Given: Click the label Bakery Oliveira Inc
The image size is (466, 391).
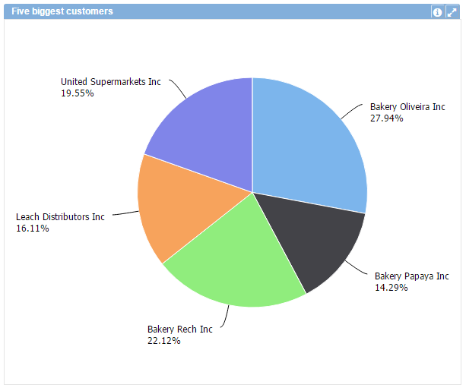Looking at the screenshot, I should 407,107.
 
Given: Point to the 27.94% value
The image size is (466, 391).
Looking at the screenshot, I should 386,118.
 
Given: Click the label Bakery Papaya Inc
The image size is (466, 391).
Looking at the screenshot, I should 411,276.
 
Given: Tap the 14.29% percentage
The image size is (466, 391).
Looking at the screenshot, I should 391,288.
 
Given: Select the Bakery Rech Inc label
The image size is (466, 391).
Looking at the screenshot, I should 179,330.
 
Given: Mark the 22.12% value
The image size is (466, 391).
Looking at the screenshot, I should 163,341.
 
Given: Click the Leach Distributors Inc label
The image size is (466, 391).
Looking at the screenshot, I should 60,217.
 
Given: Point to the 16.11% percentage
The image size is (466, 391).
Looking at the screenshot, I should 32,229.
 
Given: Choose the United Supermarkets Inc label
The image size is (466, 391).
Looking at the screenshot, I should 110,82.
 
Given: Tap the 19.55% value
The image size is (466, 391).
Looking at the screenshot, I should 77,93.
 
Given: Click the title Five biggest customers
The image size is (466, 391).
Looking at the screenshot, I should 62,11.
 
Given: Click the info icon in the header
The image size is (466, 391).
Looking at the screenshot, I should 437,12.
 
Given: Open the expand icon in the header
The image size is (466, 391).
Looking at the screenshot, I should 452,12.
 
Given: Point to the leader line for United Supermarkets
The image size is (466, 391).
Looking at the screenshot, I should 179,87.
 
